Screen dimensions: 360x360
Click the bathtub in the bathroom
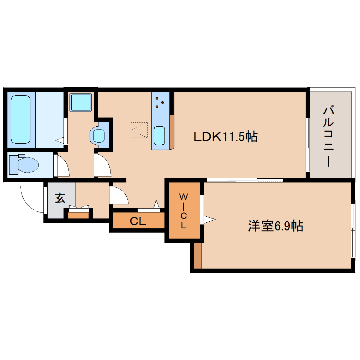click(x=21, y=119)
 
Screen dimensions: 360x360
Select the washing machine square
click(x=80, y=102)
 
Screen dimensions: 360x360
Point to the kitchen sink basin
click(x=159, y=136)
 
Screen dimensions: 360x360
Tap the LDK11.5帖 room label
click(x=226, y=137)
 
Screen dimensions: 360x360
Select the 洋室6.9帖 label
click(x=276, y=226)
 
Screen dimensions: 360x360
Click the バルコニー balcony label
click(x=329, y=136)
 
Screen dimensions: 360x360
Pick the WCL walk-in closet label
click(x=184, y=211)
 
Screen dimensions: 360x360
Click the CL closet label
click(x=138, y=221)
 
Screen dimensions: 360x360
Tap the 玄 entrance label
click(x=60, y=198)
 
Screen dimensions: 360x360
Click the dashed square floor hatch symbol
click(x=139, y=130)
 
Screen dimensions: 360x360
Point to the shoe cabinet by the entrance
click(x=78, y=215)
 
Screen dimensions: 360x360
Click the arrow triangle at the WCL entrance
click(x=209, y=219)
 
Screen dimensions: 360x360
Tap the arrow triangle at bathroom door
click(x=60, y=140)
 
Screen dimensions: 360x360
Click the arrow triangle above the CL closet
click(x=157, y=204)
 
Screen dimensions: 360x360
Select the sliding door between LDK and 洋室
click(x=245, y=180)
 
